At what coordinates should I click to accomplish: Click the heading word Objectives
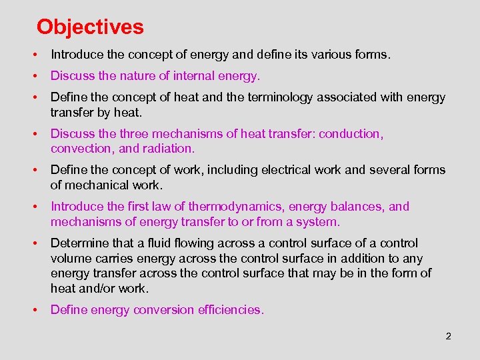[x=90, y=27]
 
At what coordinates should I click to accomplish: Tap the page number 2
[x=449, y=336]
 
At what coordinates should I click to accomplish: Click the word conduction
[x=351, y=134]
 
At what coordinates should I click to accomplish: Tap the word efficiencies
[x=229, y=309]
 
